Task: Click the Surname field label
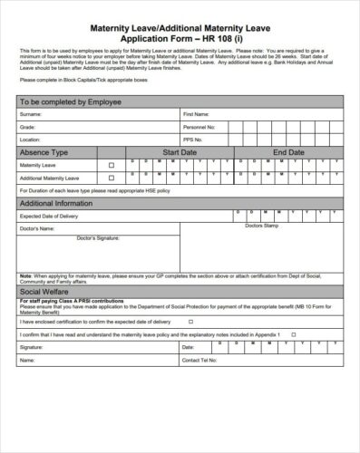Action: (x=31, y=115)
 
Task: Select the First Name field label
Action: (x=196, y=115)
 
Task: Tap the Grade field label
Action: (x=28, y=128)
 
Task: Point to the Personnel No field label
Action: (x=199, y=128)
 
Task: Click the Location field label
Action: (x=31, y=140)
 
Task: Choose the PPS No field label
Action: (x=193, y=140)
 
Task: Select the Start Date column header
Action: (x=180, y=153)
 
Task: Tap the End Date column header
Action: (x=289, y=153)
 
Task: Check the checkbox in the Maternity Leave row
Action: (x=112, y=166)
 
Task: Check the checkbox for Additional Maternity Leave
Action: (x=112, y=178)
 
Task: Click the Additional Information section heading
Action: (x=56, y=204)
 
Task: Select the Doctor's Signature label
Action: (x=98, y=237)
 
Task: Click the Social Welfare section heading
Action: (x=44, y=294)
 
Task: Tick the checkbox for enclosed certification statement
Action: (x=190, y=321)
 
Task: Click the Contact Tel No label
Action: (x=199, y=360)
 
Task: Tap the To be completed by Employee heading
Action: (x=64, y=101)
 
